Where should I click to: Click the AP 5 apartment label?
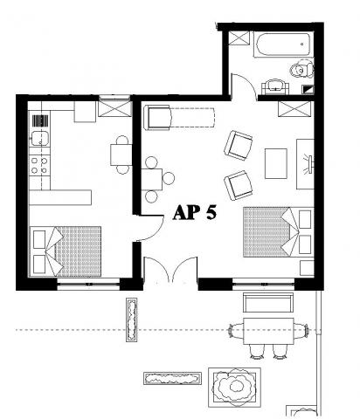(195, 212)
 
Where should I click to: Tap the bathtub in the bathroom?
(283, 45)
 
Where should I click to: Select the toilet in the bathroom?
(302, 70)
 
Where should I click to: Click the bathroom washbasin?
(275, 86)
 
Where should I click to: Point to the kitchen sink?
(40, 139)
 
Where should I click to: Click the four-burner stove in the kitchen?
(39, 165)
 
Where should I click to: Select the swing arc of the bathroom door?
(244, 85)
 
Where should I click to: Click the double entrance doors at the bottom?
(171, 270)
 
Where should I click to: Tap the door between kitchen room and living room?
(151, 229)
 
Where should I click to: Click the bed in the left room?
(66, 251)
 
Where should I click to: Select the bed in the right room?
(279, 232)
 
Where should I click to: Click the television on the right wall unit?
(310, 165)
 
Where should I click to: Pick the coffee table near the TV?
(276, 163)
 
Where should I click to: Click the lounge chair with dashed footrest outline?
(179, 118)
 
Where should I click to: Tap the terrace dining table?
(268, 331)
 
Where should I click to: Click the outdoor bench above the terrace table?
(268, 302)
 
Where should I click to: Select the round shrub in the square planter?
(234, 386)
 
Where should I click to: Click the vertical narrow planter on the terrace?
(132, 319)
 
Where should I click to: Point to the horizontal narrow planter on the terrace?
(173, 378)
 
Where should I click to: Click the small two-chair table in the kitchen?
(121, 155)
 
